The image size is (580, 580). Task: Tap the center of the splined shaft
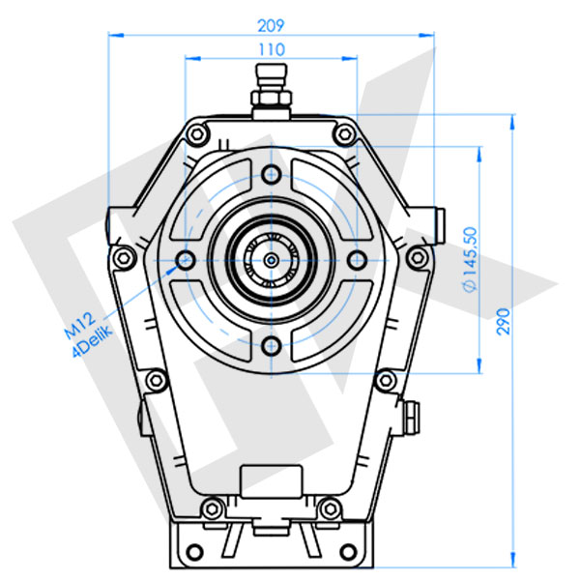click(x=272, y=259)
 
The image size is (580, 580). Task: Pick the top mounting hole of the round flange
click(x=272, y=174)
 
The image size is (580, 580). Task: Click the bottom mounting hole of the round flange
click(x=272, y=345)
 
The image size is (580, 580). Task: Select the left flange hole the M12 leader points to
click(x=186, y=259)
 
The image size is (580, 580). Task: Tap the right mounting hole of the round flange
click(x=357, y=259)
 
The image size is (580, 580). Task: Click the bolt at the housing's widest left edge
click(x=124, y=257)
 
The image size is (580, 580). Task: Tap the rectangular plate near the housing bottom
click(x=272, y=479)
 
